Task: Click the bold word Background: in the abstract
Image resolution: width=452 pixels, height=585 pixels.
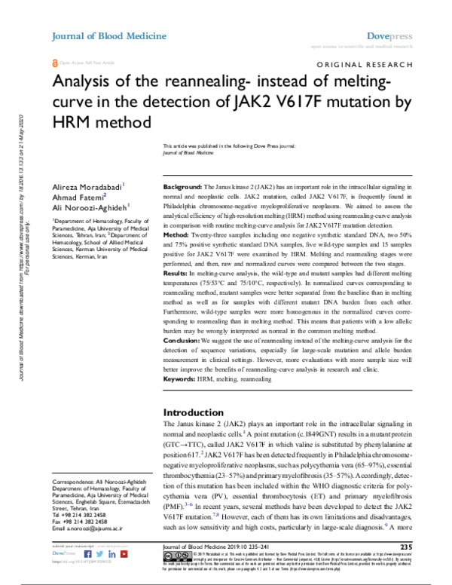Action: [182, 185]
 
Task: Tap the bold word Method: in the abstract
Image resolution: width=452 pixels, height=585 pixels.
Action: [178, 235]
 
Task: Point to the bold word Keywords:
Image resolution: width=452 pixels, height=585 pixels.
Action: [181, 380]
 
